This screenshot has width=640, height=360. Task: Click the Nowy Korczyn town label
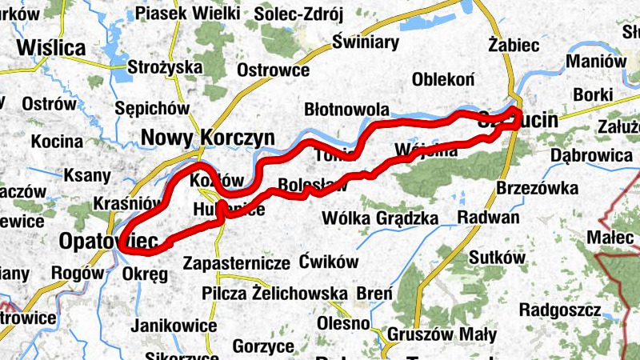tap(208, 138)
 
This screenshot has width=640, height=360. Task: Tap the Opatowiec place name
tap(108, 240)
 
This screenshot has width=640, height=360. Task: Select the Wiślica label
tap(54, 48)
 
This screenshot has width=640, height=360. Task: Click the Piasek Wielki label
tap(187, 13)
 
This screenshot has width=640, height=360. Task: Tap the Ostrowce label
tap(274, 70)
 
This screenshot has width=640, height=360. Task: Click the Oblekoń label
tap(444, 79)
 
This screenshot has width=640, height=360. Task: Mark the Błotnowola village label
tap(347, 110)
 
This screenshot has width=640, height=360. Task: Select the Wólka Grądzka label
tap(379, 218)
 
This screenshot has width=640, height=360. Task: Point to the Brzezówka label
tap(537, 188)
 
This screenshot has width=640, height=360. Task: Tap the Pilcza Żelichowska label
tap(275, 293)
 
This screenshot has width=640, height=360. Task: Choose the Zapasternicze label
tap(236, 262)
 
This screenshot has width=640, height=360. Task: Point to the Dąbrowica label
tap(592, 154)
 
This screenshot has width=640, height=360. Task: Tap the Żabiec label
tap(514, 45)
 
